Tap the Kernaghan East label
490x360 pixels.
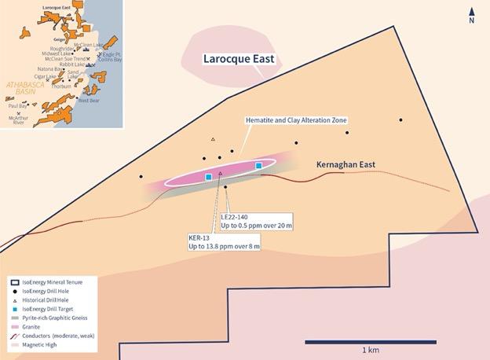click(x=346, y=165)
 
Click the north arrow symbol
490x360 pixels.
click(x=471, y=14)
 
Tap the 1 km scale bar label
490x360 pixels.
click(x=372, y=349)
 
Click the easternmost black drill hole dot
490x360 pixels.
click(x=400, y=120)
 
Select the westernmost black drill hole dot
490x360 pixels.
click(x=141, y=176)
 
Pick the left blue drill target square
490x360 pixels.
click(x=208, y=178)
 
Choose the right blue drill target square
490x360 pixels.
click(x=258, y=166)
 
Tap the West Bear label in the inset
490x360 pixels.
click(x=89, y=101)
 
